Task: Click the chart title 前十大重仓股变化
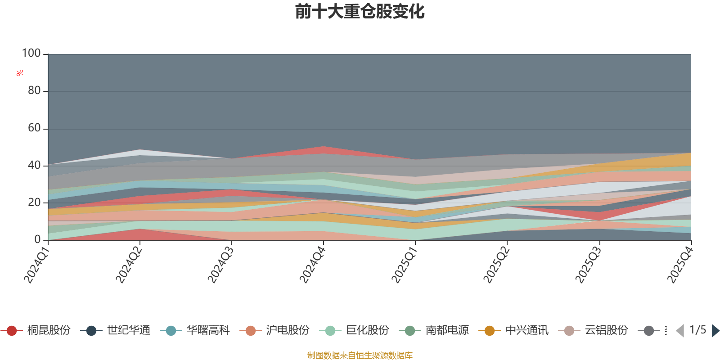coord(360,12)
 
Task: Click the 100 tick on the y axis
coord(31,53)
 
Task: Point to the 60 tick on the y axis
coord(34,128)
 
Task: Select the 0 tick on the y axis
coord(37,239)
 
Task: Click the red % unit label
coord(20,73)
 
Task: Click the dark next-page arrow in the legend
coord(715,331)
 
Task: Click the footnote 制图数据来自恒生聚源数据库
coord(360,355)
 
